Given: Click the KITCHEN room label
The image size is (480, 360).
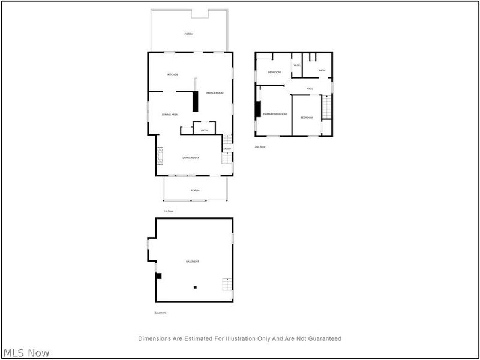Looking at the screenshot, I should pyautogui.click(x=173, y=74).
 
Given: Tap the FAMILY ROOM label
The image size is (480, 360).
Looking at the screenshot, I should pyautogui.click(x=215, y=93).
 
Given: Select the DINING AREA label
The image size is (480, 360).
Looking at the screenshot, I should pyautogui.click(x=170, y=115).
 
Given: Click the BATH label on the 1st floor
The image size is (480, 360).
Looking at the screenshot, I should pyautogui.click(x=204, y=130).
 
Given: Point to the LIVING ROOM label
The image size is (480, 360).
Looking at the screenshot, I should pyautogui.click(x=191, y=158).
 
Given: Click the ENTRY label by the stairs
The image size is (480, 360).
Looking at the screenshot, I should pyautogui.click(x=227, y=149).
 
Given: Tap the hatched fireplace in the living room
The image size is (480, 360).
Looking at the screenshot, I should pyautogui.click(x=160, y=157).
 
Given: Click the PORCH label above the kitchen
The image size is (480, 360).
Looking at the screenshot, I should pyautogui.click(x=188, y=34).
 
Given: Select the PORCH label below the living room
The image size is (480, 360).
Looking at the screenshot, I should pyautogui.click(x=195, y=190).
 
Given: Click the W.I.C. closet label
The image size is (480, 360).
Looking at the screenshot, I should pyautogui.click(x=296, y=65).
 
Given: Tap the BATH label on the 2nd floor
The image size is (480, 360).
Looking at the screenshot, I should pyautogui.click(x=322, y=71).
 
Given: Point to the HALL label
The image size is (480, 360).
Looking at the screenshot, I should pyautogui.click(x=310, y=89).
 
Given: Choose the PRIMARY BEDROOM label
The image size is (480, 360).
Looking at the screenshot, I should pyautogui.click(x=274, y=114).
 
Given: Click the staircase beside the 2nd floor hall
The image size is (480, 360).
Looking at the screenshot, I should pyautogui.click(x=327, y=108).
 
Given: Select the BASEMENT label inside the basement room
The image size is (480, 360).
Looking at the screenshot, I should pyautogui.click(x=192, y=262).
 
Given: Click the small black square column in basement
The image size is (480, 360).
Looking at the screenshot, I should pyautogui.click(x=194, y=287).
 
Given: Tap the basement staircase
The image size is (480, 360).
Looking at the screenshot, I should pyautogui.click(x=226, y=284).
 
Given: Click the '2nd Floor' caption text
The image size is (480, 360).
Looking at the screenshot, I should pyautogui.click(x=260, y=146).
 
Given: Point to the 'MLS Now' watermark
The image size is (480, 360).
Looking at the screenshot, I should pyautogui.click(x=26, y=353).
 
